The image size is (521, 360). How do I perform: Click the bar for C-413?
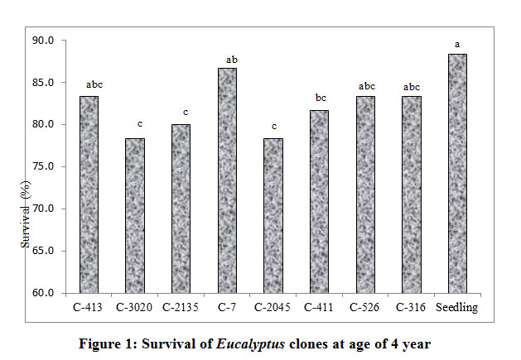89,194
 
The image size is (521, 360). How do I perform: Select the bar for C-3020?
134,215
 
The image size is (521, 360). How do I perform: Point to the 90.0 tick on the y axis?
43,41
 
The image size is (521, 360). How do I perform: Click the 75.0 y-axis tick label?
43,166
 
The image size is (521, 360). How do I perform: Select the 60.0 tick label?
43,293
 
